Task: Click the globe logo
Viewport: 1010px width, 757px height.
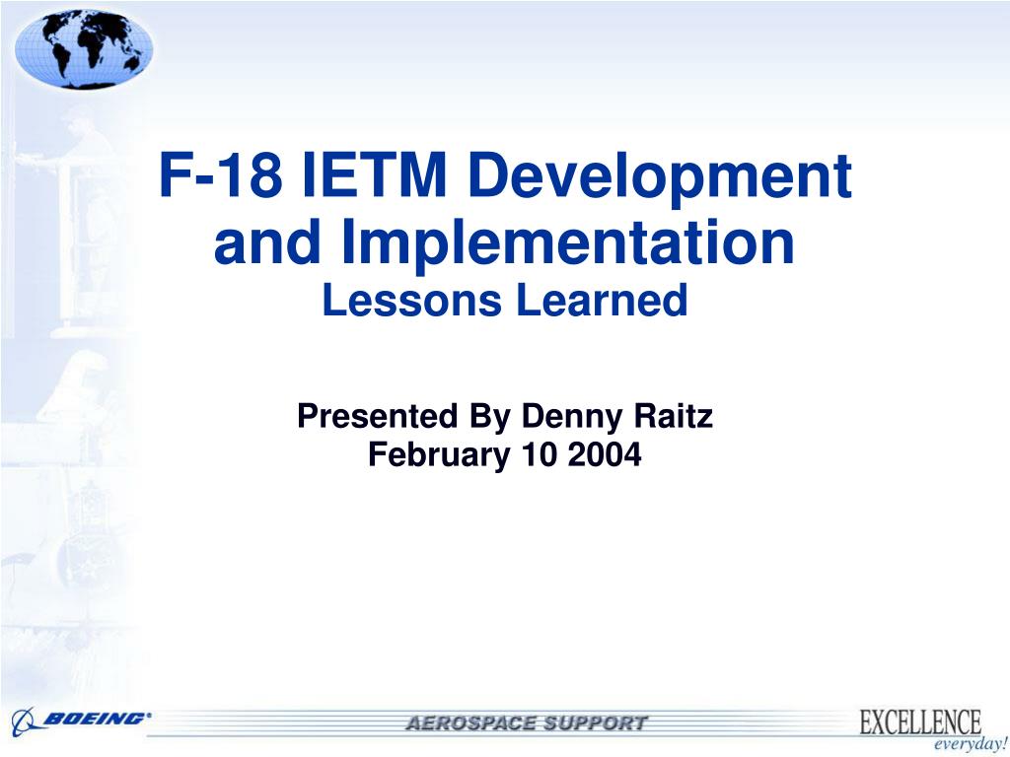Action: pyautogui.click(x=84, y=49)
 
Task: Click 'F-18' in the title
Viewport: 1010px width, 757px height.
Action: pyautogui.click(x=220, y=175)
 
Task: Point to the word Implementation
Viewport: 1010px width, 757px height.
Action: pyautogui.click(x=567, y=244)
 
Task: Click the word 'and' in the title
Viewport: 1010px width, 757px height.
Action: pyautogui.click(x=266, y=242)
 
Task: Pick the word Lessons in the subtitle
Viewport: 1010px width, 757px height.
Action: pyautogui.click(x=411, y=301)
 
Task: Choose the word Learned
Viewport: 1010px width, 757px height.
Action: pyautogui.click(x=602, y=301)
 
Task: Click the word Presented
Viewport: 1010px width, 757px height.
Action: pyautogui.click(x=377, y=416)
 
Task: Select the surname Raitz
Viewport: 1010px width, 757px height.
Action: pyautogui.click(x=674, y=416)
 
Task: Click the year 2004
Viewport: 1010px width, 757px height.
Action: pyautogui.click(x=605, y=454)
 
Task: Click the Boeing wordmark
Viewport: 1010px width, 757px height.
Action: pyautogui.click(x=97, y=719)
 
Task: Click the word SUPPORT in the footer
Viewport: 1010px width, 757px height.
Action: pyautogui.click(x=594, y=723)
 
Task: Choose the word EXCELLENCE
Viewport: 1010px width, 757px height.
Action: pyautogui.click(x=920, y=721)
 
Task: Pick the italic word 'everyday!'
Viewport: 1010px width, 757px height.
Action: pyautogui.click(x=971, y=745)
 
